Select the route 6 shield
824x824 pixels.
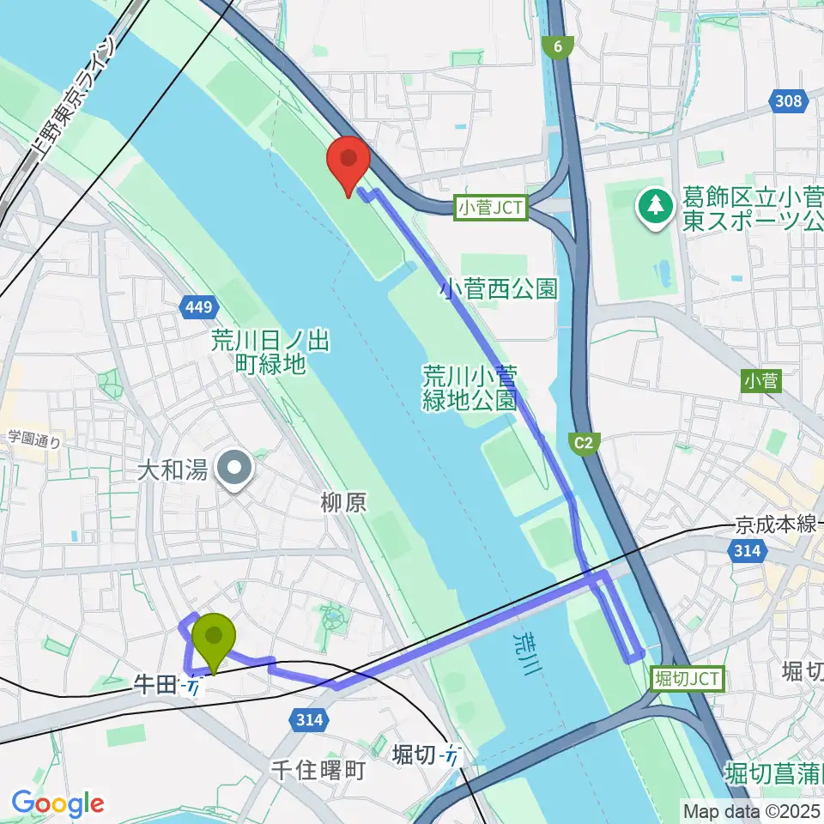558,49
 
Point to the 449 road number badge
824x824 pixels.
202,306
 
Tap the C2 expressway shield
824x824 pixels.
584,443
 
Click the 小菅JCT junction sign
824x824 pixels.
491,207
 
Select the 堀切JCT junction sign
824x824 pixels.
689,679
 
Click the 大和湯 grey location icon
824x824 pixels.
233,469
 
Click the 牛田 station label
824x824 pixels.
154,684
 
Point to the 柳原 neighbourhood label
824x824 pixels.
345,502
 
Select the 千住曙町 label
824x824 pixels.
318,769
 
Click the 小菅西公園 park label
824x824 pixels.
499,288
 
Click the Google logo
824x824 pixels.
58,803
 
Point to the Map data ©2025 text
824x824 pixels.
750,809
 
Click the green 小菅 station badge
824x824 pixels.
762,380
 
